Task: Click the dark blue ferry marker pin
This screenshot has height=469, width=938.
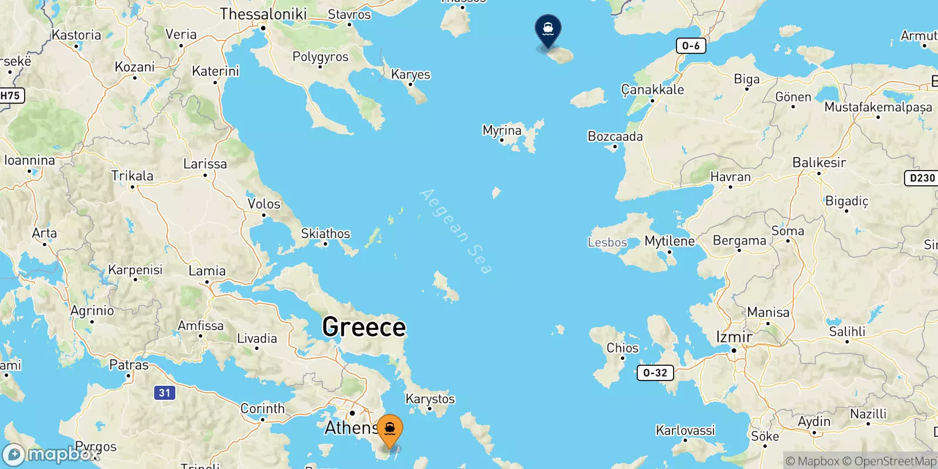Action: pos(548,29)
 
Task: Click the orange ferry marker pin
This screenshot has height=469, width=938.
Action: pos(390,430)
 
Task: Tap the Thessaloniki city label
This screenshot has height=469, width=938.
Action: pos(263,14)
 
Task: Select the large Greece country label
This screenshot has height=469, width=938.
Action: pos(364,327)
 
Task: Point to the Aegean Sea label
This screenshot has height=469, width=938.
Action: pos(456,231)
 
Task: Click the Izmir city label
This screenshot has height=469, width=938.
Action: pos(734,337)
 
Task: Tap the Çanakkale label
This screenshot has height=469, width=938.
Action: pos(652,90)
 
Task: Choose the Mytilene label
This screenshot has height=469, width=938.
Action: pos(669,241)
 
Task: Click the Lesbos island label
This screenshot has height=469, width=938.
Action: pos(607,242)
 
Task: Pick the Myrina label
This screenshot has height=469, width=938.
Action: pos(502,130)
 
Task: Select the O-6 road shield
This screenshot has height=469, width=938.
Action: pos(691,46)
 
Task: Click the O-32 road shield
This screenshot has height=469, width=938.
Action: pos(655,373)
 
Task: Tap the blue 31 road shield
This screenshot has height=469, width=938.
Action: pos(165,393)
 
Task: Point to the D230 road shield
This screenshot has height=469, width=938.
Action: pos(922,178)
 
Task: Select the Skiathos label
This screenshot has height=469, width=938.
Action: pos(325,233)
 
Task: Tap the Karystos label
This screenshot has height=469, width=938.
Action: pos(430,399)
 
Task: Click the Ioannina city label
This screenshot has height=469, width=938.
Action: pos(29,160)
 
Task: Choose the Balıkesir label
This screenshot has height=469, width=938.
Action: pos(819,162)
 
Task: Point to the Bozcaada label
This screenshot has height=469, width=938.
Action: pos(615,137)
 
